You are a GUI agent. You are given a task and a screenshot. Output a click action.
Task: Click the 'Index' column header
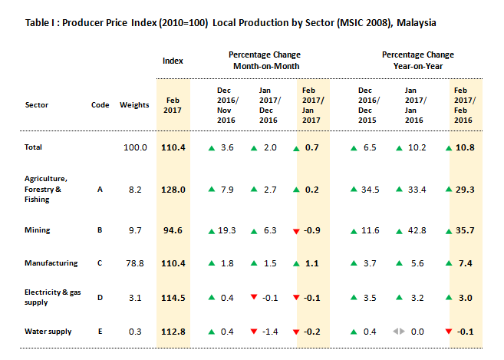tap(172, 61)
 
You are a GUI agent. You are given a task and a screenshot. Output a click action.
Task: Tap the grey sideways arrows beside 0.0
tap(397, 332)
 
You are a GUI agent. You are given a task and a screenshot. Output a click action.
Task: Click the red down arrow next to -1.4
tap(255, 332)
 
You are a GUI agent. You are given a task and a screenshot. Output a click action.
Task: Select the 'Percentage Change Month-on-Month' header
tap(265, 61)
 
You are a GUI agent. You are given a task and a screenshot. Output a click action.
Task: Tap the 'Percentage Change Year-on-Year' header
tap(418, 61)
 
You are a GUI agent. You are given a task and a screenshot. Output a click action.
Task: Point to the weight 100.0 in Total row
tap(135, 147)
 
